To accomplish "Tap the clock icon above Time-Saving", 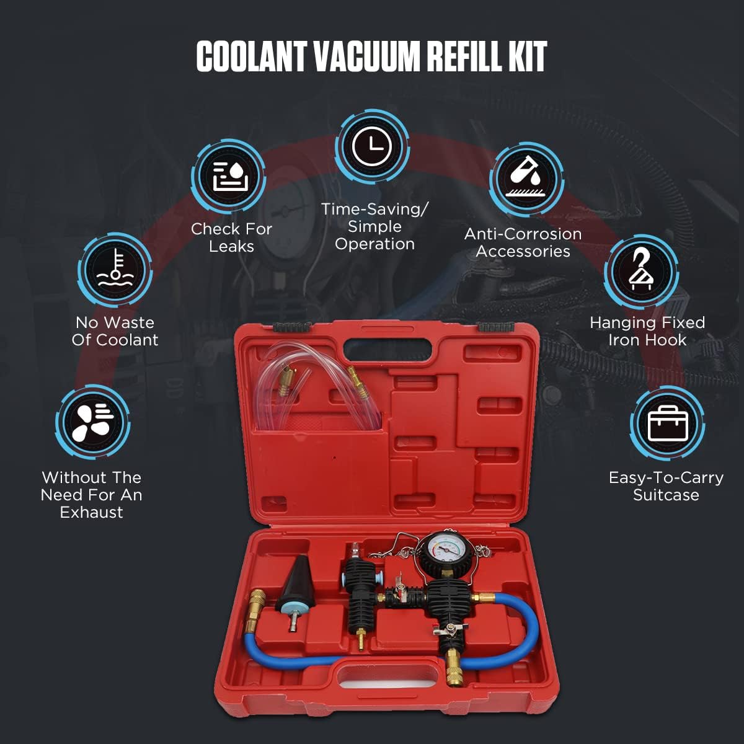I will [x=372, y=147].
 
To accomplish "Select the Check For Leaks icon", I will [x=229, y=177].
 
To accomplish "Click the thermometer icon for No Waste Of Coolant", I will [x=115, y=270].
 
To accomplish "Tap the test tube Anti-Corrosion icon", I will [x=526, y=179].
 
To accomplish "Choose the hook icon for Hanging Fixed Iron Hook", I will [x=641, y=272].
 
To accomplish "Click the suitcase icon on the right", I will [x=667, y=423].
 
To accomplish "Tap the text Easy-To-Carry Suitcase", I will [x=666, y=486].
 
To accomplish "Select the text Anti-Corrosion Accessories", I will [x=523, y=242].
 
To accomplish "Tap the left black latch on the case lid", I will [x=292, y=326].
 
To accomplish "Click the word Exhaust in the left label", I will [x=91, y=512].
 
